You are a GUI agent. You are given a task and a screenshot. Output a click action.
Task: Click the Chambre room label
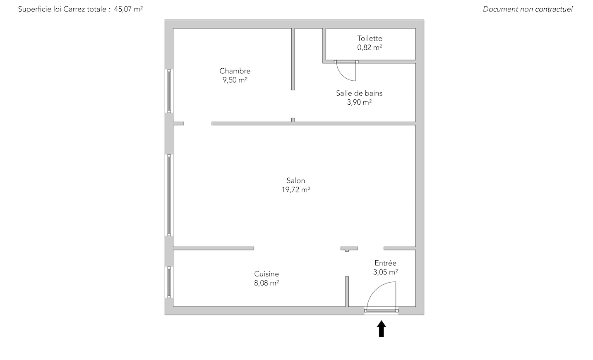(x=235, y=71)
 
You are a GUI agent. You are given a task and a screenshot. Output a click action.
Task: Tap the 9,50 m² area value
(x=235, y=80)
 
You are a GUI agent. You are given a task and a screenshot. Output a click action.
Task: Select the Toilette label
(x=370, y=38)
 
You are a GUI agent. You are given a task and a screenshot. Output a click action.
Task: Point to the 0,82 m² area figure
(x=370, y=48)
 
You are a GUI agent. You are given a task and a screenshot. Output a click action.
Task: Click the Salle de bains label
(x=359, y=93)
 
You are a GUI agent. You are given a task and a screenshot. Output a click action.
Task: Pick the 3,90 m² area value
(x=359, y=102)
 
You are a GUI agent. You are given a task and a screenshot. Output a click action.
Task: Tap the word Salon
(x=296, y=181)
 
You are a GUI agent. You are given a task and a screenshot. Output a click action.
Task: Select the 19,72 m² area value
(x=296, y=190)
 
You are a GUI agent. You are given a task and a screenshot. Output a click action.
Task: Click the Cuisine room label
(x=266, y=274)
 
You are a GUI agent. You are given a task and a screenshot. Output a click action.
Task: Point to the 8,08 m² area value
(x=266, y=283)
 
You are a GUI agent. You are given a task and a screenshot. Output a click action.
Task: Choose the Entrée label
(x=385, y=263)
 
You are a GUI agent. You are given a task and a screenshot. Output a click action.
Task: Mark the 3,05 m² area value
(x=385, y=272)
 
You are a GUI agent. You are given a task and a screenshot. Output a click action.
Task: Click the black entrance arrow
(x=381, y=329)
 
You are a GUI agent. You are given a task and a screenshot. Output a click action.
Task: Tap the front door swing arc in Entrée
(x=375, y=288)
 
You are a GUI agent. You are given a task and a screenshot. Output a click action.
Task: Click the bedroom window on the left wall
(x=169, y=91)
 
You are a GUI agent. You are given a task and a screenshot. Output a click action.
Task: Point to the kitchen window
(x=169, y=282)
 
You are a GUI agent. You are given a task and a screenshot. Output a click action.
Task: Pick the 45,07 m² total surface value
(x=128, y=9)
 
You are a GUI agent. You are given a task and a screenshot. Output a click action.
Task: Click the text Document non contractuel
(x=528, y=9)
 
